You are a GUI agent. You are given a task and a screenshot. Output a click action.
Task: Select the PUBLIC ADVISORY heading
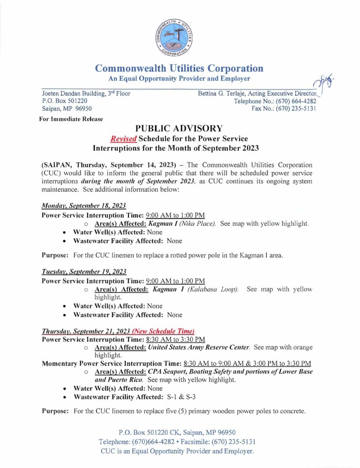[x=179, y=128]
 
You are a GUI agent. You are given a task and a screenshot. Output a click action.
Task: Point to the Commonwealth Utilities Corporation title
[x=179, y=69]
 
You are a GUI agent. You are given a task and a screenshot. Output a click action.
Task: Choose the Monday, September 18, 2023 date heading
[x=81, y=207]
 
